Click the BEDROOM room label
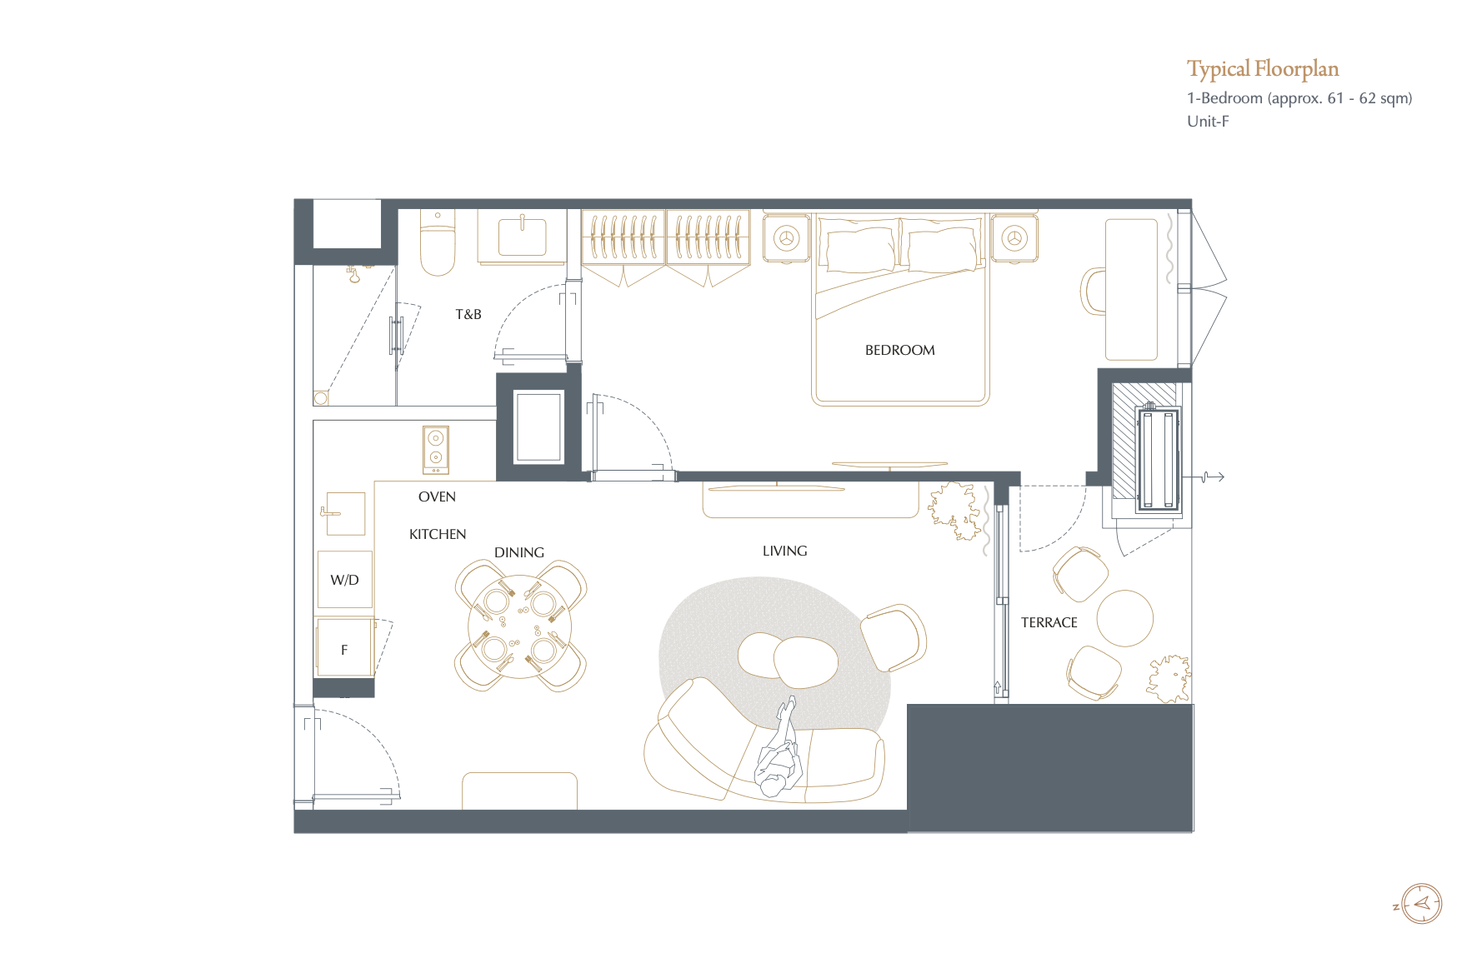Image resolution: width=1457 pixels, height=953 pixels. [899, 351]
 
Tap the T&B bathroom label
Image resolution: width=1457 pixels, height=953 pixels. [468, 315]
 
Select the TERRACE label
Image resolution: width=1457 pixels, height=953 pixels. [1049, 622]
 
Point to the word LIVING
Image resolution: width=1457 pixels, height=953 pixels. [784, 551]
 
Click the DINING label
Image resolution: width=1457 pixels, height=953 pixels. [518, 552]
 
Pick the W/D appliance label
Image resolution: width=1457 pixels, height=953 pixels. [344, 580]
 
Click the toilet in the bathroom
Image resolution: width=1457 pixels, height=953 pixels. [437, 242]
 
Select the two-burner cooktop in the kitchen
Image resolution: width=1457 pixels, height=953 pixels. [436, 450]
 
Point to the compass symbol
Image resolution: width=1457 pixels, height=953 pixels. [1421, 904]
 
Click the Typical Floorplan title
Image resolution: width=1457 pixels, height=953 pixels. [1263, 69]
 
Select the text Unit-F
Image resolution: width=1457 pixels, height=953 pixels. [1208, 122]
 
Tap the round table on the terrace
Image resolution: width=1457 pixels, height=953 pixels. [1125, 618]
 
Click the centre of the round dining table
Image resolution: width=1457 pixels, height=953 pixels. [521, 626]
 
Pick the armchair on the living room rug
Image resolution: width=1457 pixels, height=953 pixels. [893, 637]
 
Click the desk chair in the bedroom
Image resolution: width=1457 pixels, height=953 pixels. [1093, 291]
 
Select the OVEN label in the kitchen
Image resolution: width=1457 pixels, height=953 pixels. [437, 496]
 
